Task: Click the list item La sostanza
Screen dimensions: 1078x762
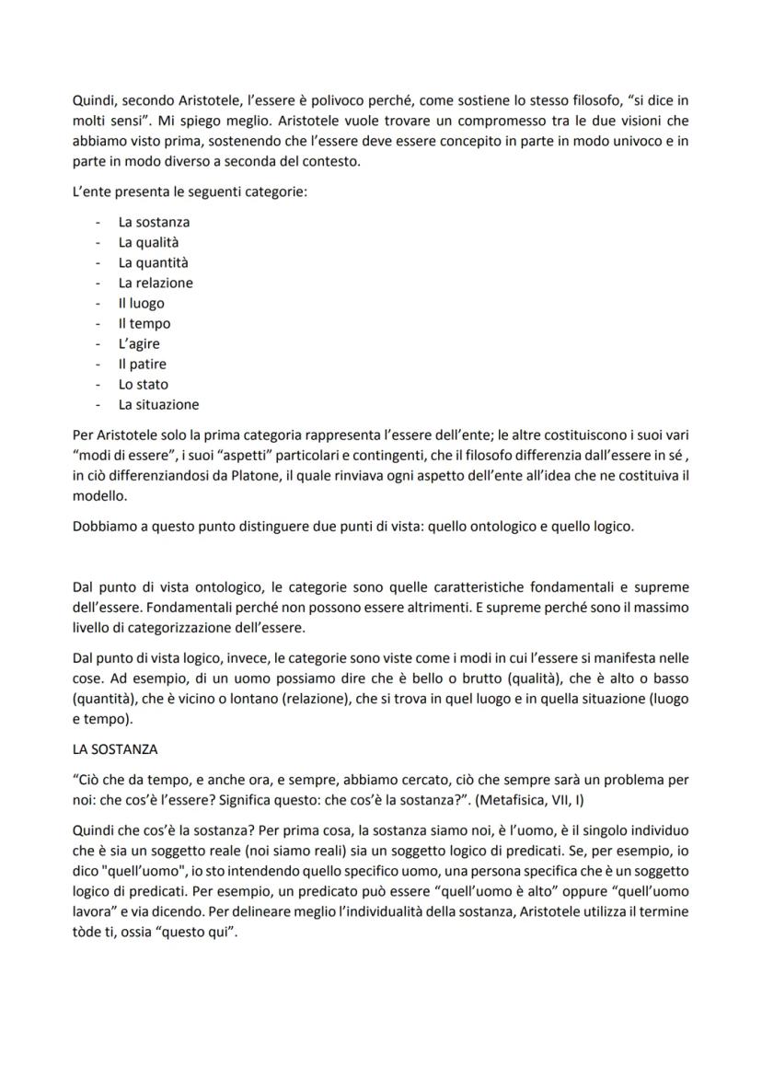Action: pos(154,222)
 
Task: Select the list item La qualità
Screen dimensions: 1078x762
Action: pos(148,242)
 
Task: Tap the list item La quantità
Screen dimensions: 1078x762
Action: pos(153,262)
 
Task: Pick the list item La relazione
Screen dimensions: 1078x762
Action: pos(156,283)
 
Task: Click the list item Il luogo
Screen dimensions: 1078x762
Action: pos(141,303)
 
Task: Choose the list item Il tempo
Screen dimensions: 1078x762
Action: pos(144,323)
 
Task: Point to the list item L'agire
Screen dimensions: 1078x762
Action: pos(139,343)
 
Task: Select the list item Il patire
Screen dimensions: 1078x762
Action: pos(142,364)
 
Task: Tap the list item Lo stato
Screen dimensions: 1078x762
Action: pos(143,384)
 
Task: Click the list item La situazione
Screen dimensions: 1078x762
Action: pos(158,404)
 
